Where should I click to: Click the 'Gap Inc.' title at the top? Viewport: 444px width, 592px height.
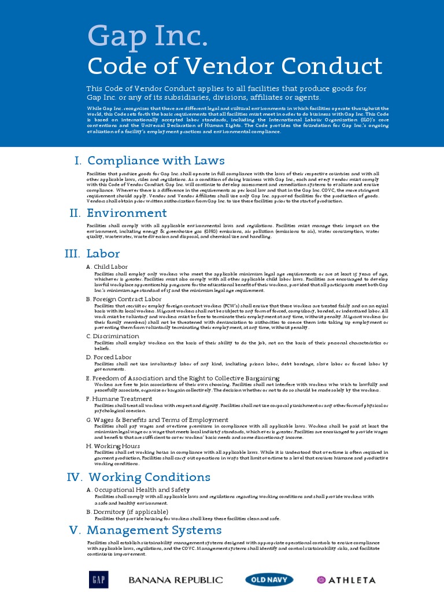click(147, 38)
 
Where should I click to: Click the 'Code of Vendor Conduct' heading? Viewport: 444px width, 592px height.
click(234, 66)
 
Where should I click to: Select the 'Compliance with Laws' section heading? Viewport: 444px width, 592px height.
click(156, 161)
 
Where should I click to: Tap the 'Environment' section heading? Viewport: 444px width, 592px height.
click(127, 213)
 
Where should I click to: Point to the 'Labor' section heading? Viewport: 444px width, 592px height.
click(103, 254)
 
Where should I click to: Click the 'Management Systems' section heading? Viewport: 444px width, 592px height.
click(154, 530)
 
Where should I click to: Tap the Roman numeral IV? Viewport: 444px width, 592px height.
click(75, 477)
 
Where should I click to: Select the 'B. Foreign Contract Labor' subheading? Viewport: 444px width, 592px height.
click(124, 299)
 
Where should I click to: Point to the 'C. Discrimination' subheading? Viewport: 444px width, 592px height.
click(113, 336)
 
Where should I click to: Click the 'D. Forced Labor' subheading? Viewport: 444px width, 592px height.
click(109, 357)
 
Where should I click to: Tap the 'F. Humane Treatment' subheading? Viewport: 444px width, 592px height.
click(119, 399)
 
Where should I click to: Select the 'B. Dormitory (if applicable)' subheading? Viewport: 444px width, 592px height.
click(127, 512)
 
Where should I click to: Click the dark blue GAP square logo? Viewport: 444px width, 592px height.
click(98, 579)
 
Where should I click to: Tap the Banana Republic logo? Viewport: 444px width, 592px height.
click(176, 580)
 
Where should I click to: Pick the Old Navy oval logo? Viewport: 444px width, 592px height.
click(269, 579)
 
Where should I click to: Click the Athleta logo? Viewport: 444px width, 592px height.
click(346, 580)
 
